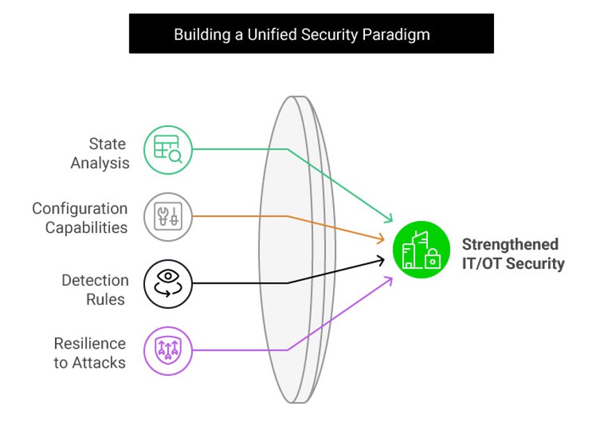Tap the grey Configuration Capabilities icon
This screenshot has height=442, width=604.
[168, 217]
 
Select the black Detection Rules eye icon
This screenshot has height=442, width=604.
[168, 283]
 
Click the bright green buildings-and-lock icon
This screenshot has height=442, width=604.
[421, 250]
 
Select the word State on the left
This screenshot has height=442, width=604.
[107, 144]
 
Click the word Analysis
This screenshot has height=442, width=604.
[100, 164]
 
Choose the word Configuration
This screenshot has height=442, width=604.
[80, 208]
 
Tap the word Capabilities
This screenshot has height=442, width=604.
[86, 228]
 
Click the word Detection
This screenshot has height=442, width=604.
[95, 280]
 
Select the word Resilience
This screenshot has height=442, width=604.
[90, 344]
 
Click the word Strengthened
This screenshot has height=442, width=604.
[510, 245]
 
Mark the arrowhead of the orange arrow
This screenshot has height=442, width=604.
[381, 240]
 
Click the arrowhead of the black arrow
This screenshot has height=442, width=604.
[381, 261]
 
